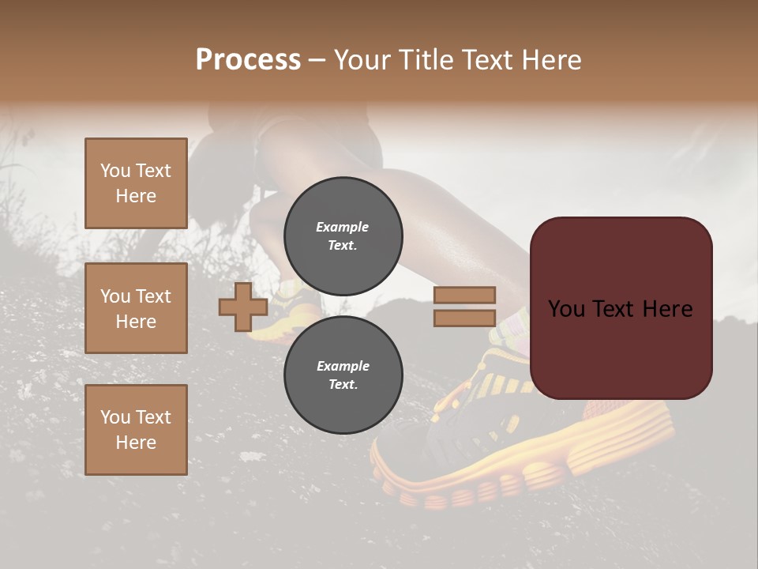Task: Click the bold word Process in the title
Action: click(248, 60)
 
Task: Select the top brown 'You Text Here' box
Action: click(136, 183)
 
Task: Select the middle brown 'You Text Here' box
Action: click(136, 308)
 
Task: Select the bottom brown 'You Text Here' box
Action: click(136, 430)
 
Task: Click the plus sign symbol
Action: click(243, 307)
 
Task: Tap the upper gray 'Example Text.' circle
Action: click(343, 236)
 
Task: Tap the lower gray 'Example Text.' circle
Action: click(343, 375)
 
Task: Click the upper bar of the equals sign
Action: click(464, 295)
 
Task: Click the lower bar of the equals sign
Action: click(464, 318)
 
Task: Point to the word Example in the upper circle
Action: click(343, 227)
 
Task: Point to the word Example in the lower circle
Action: click(343, 366)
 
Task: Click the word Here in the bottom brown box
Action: click(136, 443)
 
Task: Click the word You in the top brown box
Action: click(115, 171)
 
